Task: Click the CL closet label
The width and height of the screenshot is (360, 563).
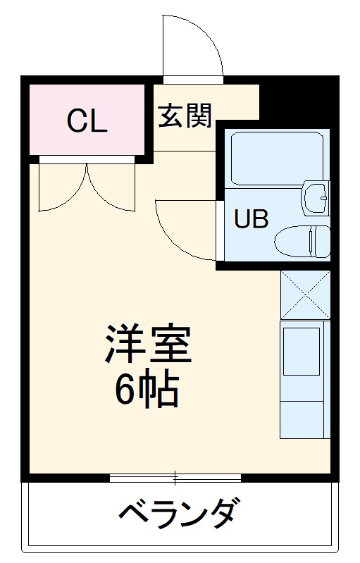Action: [87, 121]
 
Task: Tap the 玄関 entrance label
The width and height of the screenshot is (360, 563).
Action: [185, 116]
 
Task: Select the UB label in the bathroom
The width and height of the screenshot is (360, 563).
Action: [252, 220]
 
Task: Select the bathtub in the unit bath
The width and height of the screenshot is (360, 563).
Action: [276, 158]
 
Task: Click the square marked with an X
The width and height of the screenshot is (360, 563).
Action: [305, 294]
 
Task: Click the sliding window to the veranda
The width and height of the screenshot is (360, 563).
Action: [175, 478]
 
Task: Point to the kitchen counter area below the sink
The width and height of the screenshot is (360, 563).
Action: [305, 416]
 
